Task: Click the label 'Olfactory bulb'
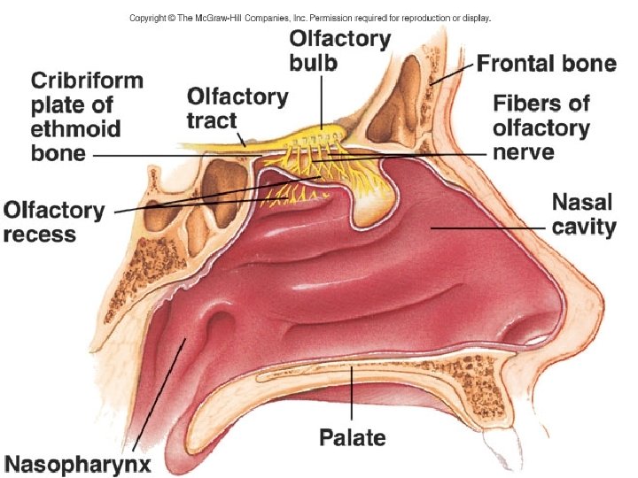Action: (x=340, y=50)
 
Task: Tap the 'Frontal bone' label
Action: (x=546, y=63)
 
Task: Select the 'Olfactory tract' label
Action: (x=237, y=107)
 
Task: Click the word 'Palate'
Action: (x=353, y=436)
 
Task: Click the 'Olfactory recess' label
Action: (x=54, y=222)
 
